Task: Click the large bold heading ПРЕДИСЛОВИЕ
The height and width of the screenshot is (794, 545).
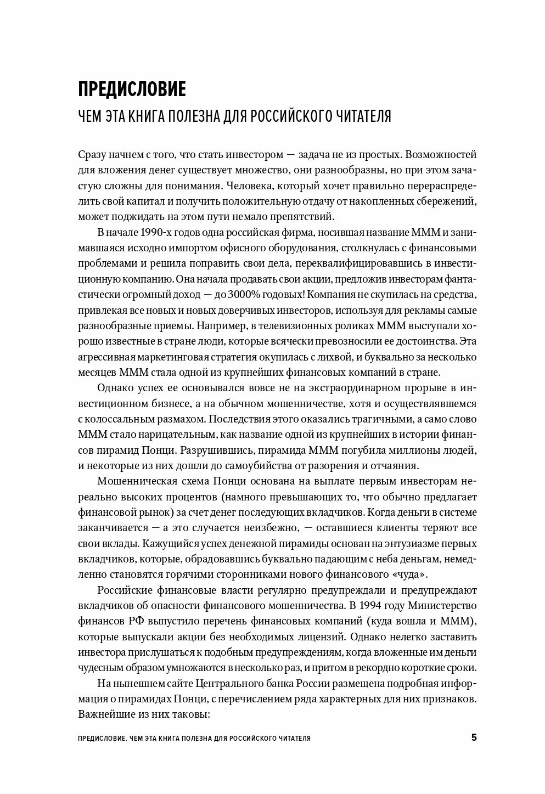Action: pyautogui.click(x=132, y=89)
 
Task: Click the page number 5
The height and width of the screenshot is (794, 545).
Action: pyautogui.click(x=474, y=737)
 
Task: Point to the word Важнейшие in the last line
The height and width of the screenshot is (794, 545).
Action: pyautogui.click(x=105, y=716)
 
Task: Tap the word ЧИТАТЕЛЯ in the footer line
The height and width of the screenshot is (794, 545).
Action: pyautogui.click(x=291, y=738)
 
